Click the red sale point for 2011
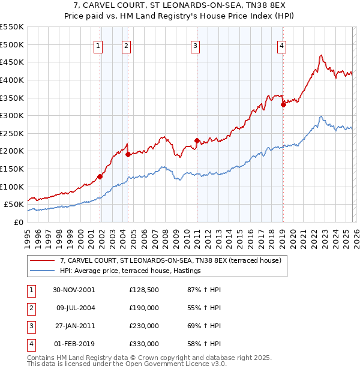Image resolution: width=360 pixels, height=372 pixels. pos(197,140)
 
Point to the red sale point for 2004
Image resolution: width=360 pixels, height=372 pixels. pos(128,154)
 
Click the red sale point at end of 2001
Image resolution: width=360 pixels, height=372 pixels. pos(100,176)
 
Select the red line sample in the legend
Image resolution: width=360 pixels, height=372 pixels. pos(42,260)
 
